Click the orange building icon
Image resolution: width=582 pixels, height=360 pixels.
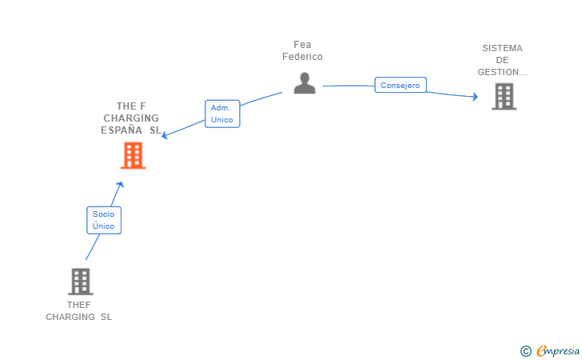click(x=133, y=155)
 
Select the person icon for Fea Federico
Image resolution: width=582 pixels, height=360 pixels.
click(x=304, y=83)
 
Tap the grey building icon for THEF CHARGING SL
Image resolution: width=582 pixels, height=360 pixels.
click(x=80, y=282)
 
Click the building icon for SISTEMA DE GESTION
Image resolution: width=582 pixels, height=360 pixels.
click(x=504, y=97)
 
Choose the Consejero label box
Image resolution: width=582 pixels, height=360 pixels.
click(x=401, y=85)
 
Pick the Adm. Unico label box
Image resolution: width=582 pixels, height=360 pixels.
click(x=222, y=114)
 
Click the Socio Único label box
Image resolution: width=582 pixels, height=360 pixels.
click(x=104, y=220)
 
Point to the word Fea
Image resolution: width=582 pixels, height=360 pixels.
click(x=302, y=45)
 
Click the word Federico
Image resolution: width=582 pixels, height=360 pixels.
click(x=302, y=57)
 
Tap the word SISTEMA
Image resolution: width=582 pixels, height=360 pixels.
click(x=502, y=48)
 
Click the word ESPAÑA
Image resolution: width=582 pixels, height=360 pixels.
click(x=122, y=130)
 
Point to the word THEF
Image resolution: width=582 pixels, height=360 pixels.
click(x=79, y=305)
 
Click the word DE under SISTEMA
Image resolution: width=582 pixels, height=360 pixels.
click(x=502, y=60)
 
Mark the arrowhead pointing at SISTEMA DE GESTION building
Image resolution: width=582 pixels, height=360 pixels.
click(x=475, y=97)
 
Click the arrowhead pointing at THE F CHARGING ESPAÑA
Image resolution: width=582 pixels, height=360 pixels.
click(x=165, y=135)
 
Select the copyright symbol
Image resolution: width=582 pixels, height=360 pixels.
click(x=525, y=350)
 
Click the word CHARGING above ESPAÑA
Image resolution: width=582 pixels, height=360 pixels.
click(x=131, y=118)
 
